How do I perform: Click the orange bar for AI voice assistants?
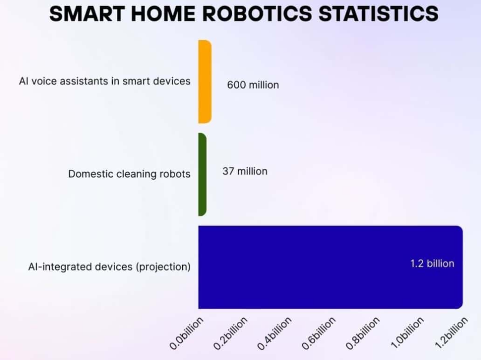click(x=205, y=82)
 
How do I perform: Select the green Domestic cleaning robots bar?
click(x=202, y=174)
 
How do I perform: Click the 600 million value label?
click(x=253, y=85)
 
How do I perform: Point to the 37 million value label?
click(x=245, y=171)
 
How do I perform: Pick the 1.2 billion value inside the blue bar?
click(x=432, y=264)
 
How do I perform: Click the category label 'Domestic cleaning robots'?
click(x=129, y=174)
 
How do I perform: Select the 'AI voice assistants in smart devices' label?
click(x=105, y=81)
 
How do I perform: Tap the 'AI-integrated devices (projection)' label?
click(x=109, y=267)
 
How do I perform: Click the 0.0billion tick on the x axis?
click(x=187, y=333)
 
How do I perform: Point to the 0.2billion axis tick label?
click(x=231, y=333)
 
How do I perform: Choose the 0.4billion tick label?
click(x=275, y=333)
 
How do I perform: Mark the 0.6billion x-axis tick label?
click(x=319, y=333)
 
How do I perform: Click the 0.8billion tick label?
click(x=363, y=333)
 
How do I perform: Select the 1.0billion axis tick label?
click(x=407, y=333)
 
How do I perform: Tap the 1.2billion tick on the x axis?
click(x=451, y=333)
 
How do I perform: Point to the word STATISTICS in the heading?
click(x=379, y=14)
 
